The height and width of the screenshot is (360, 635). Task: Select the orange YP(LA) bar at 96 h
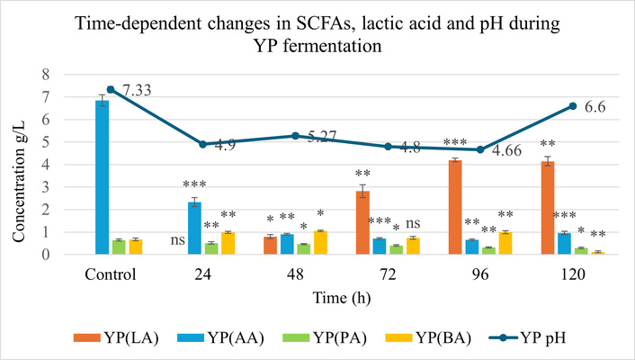pyautogui.click(x=455, y=207)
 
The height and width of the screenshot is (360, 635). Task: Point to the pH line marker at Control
pyautogui.click(x=110, y=89)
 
